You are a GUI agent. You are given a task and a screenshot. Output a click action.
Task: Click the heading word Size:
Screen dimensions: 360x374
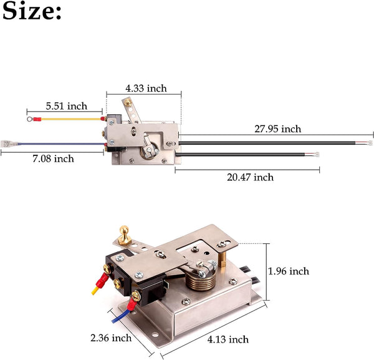(x=32, y=12)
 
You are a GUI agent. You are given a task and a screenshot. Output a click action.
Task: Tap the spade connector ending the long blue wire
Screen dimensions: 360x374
(x=8, y=143)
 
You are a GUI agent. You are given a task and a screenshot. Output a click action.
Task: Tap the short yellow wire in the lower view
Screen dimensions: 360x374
(x=95, y=288)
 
